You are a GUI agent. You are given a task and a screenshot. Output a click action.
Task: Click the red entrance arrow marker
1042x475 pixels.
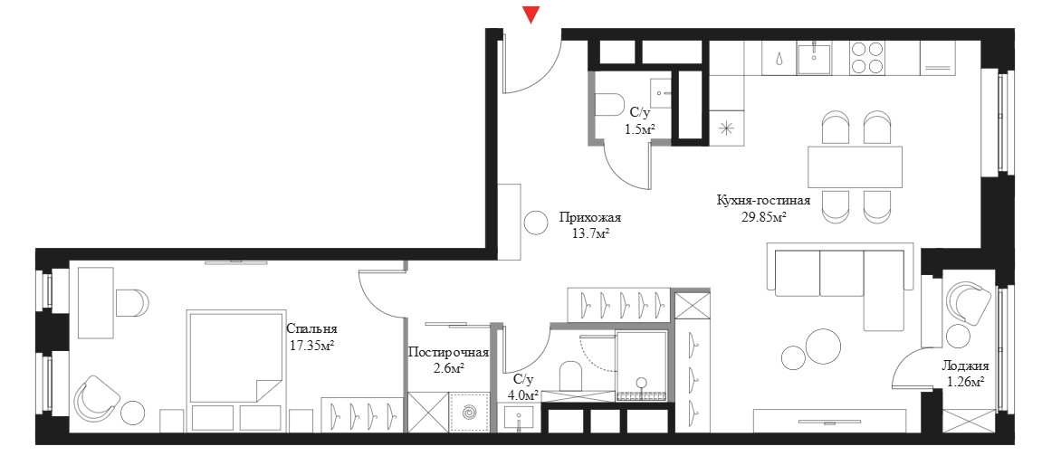point(531,14)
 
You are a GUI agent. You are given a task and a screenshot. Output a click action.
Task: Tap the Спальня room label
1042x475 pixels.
point(311,328)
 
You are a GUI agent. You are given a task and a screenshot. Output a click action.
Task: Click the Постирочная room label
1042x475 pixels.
point(448,353)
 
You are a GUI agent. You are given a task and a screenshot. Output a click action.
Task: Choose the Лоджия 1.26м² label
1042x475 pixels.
point(966,374)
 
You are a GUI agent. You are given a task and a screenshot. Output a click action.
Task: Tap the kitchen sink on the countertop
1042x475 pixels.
point(813,57)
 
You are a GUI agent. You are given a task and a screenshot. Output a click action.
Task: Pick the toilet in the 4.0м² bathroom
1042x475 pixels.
point(571,376)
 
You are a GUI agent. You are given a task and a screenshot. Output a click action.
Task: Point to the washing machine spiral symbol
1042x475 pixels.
point(469,413)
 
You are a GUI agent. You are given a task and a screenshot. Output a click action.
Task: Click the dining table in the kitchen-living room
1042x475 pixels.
point(856,166)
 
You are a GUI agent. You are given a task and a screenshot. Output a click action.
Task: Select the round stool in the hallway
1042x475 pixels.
point(536,222)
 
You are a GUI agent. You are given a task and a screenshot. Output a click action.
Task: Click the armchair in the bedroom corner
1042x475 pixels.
point(97,399)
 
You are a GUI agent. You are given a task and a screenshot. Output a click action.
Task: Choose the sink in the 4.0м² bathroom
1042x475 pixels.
point(520,419)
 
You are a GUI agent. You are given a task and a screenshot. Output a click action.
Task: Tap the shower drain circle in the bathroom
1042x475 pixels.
point(641,382)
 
